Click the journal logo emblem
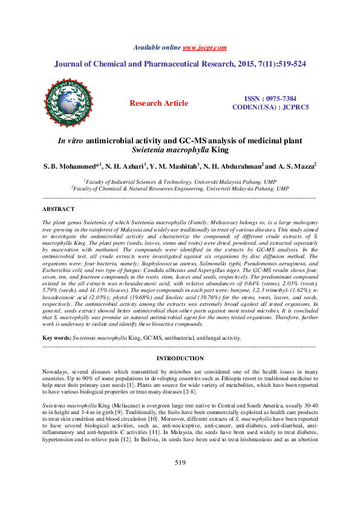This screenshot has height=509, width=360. (x=68, y=103)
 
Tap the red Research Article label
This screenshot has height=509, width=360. (x=159, y=103)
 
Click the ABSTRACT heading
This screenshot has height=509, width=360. (x=58, y=209)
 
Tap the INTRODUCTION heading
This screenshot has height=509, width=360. (x=179, y=358)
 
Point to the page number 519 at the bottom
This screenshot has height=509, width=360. (x=179, y=479)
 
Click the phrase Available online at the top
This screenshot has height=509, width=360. (x=157, y=47)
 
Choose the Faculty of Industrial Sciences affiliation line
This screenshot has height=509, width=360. (x=180, y=181)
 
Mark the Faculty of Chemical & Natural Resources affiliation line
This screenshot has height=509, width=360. (x=180, y=188)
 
